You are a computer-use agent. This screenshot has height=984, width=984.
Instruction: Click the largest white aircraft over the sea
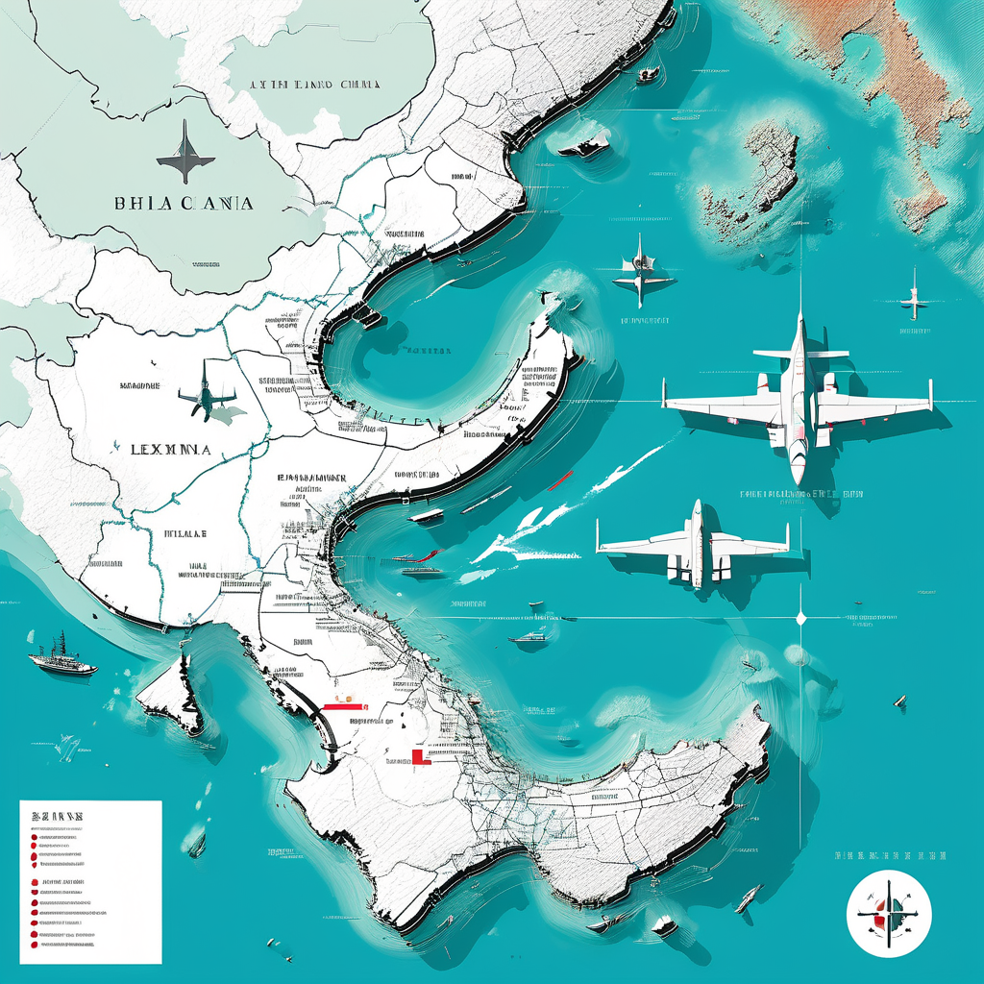[x=798, y=399]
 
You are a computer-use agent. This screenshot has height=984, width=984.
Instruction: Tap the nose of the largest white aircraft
[x=798, y=475]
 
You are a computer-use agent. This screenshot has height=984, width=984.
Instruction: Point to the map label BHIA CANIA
[x=184, y=204]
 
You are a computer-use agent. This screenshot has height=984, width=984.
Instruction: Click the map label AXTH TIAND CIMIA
[x=315, y=85]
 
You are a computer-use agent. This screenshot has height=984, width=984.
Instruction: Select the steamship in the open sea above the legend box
[x=62, y=658]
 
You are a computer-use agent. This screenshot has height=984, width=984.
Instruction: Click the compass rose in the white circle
[x=889, y=913]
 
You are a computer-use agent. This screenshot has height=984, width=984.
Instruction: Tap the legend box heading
[x=58, y=816]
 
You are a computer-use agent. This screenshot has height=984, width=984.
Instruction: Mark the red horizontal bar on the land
[x=346, y=706]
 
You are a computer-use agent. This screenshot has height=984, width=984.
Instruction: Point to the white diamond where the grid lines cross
[x=801, y=618]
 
